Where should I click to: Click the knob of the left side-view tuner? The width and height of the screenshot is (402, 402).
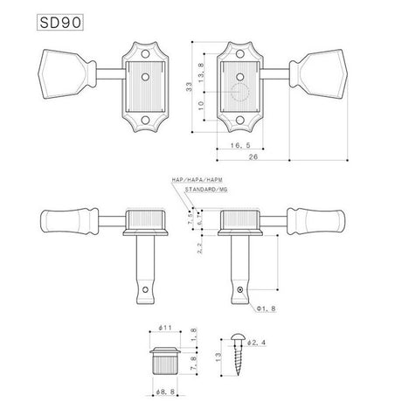tap(67, 220)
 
